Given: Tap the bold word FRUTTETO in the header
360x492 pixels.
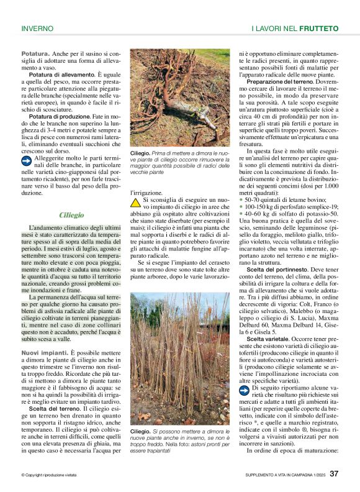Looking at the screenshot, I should [318, 29].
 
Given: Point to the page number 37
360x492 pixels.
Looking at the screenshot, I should [334, 475].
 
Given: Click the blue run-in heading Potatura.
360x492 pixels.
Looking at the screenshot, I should [35, 54].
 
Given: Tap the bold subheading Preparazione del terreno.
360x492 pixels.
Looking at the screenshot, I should [279, 82].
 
